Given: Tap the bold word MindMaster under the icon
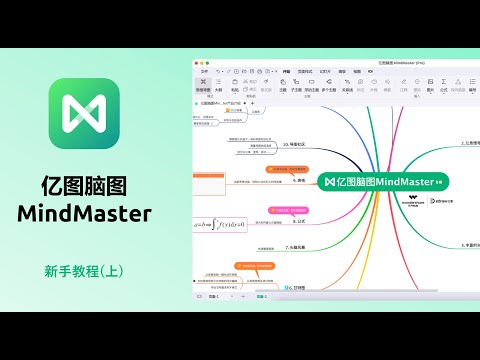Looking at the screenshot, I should click(84, 214).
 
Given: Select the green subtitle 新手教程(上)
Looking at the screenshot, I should click(84, 270).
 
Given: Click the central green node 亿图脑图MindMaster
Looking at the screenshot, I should click(384, 181).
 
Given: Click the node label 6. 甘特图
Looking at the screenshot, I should click(296, 287).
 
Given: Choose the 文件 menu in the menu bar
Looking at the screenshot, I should click(203, 72).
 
